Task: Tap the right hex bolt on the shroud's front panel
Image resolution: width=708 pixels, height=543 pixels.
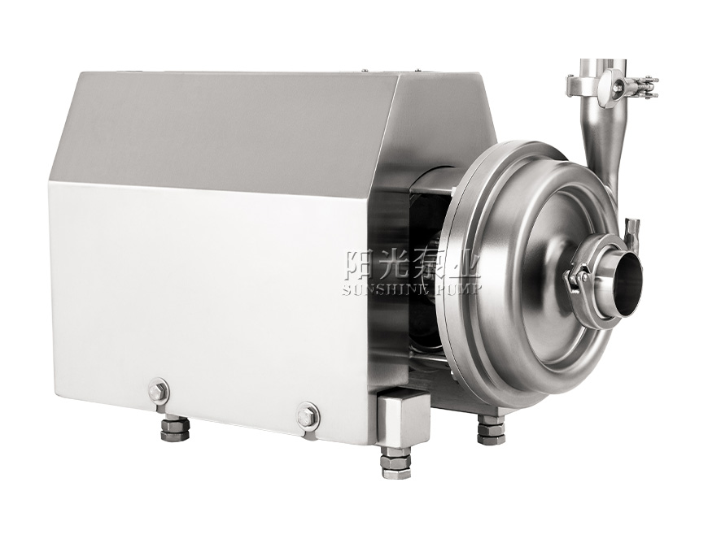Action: click(x=308, y=416)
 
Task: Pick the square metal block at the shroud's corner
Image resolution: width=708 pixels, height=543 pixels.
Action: click(x=401, y=419)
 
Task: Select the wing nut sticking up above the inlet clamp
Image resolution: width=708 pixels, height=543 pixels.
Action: click(x=633, y=233)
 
